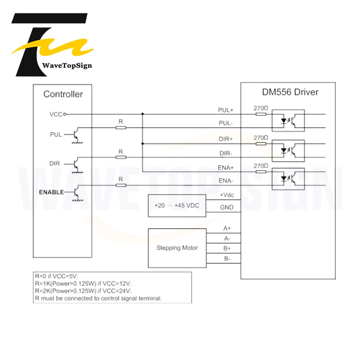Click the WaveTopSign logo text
(67, 66)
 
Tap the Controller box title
(63, 94)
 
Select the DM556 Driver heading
(290, 92)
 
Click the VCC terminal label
(56, 114)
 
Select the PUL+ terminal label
(226, 110)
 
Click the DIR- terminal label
(226, 153)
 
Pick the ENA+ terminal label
(226, 167)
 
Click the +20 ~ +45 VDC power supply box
(177, 205)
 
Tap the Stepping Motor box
(177, 247)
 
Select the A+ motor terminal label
(227, 229)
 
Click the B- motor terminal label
(227, 259)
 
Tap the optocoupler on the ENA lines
(288, 178)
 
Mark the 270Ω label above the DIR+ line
(261, 138)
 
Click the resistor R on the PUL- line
(120, 128)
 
